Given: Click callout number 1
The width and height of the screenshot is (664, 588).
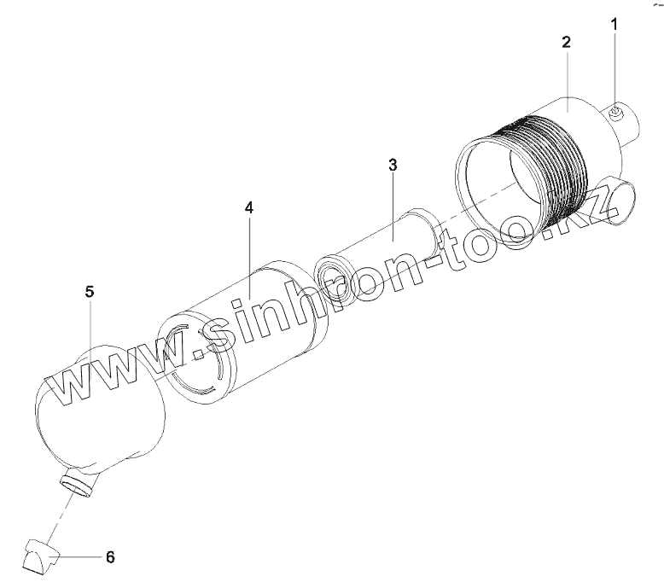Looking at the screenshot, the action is pyautogui.click(x=614, y=25).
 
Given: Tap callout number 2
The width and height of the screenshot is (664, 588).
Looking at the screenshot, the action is pyautogui.click(x=566, y=42).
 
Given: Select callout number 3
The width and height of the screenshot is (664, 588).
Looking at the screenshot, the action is pyautogui.click(x=393, y=165).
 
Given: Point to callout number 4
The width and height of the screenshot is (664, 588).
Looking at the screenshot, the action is pyautogui.click(x=249, y=208).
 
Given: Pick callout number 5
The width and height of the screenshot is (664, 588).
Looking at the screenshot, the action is pyautogui.click(x=90, y=292).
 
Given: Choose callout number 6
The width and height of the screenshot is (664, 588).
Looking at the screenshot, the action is pyautogui.click(x=110, y=556).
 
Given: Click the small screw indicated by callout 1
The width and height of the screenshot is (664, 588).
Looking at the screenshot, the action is pyautogui.click(x=615, y=112).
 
